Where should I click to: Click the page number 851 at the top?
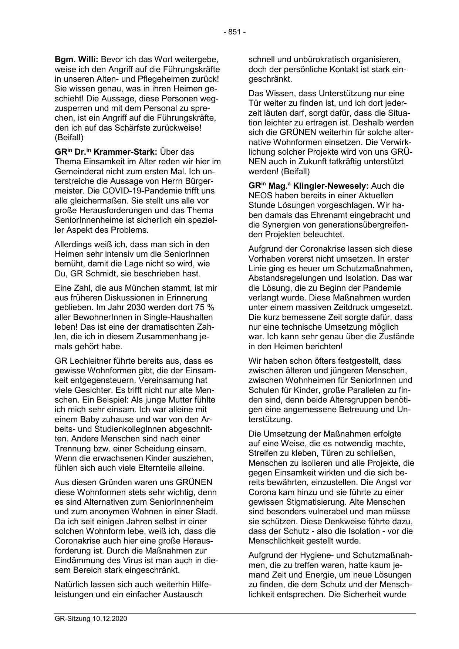pyautogui.click(x=234, y=32)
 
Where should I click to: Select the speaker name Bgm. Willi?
pyautogui.click(x=76, y=59)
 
